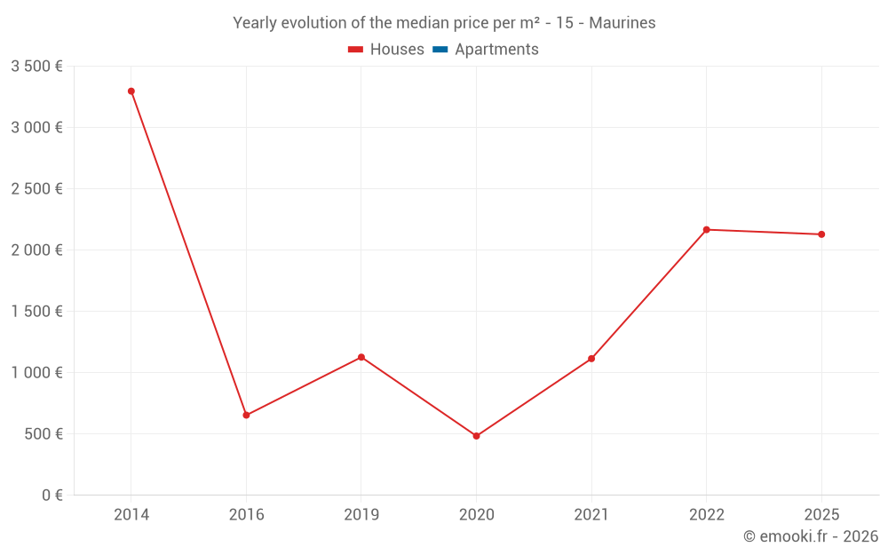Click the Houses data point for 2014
(131, 91)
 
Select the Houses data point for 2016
(246, 415)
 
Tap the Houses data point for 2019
(361, 357)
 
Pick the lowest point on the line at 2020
(476, 436)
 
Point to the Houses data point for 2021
(591, 359)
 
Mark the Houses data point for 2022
(707, 230)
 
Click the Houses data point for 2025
(821, 234)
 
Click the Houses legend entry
(386, 50)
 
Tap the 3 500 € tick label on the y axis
(37, 67)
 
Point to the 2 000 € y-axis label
(37, 250)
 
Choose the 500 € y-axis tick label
(43, 434)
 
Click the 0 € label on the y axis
(51, 496)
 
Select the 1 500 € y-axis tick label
(37, 312)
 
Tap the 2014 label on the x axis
(131, 514)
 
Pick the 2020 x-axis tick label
(476, 514)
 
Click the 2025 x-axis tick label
(821, 514)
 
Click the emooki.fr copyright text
(811, 536)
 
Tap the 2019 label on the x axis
(361, 514)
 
